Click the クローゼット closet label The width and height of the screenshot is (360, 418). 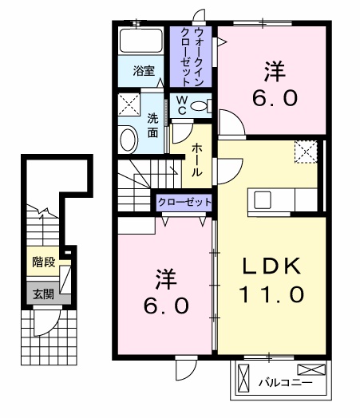coord(184,203)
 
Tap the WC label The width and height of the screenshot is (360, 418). coord(181,105)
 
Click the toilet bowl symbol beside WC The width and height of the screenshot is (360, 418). coord(200,105)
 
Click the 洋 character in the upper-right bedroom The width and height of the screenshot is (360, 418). coord(275,70)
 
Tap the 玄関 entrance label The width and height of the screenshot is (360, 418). coord(43,293)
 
